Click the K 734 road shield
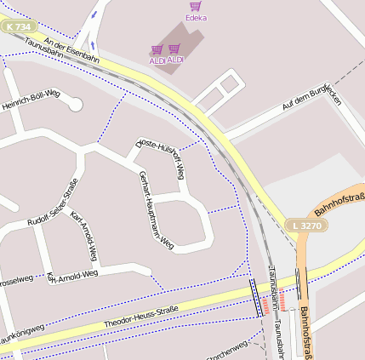[14, 27]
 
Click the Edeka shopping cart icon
[196, 7]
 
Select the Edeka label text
[196, 17]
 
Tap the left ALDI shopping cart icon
[157, 50]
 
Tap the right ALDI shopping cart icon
[174, 49]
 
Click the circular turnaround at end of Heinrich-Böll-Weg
[74, 105]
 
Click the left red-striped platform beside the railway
[265, 301]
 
